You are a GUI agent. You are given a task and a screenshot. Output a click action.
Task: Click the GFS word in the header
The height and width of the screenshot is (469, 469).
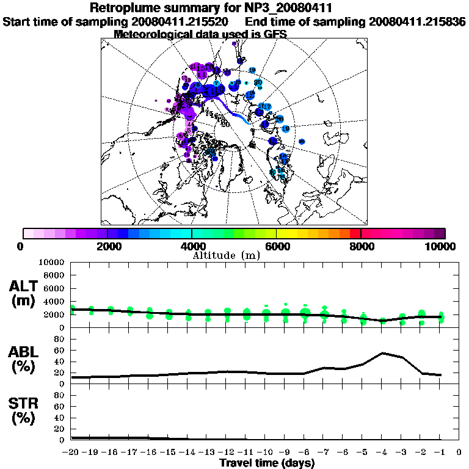coord(275,34)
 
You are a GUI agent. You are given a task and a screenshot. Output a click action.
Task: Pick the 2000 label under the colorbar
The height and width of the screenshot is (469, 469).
coord(107,246)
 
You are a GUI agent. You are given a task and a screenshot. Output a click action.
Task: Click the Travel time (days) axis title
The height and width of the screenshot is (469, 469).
coord(267,464)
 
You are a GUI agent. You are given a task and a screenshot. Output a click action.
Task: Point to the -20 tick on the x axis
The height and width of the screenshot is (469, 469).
coord(71,453)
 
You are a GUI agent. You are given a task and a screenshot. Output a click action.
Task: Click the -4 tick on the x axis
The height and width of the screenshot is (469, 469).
coord(381,453)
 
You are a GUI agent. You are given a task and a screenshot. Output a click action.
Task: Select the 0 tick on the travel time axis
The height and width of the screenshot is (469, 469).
coord(459,453)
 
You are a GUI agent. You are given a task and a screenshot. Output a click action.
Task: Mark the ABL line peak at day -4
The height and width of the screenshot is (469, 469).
coord(382,353)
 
